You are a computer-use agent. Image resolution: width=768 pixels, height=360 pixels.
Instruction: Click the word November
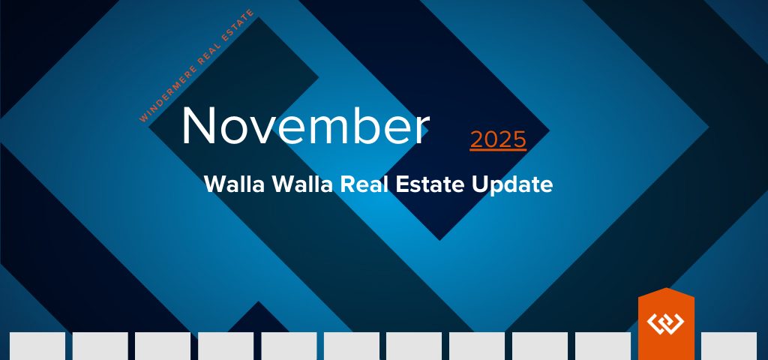tap(306, 126)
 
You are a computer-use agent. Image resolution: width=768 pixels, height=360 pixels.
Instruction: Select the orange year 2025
tap(498, 139)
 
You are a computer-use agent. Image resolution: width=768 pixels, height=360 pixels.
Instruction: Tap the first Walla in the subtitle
tap(235, 184)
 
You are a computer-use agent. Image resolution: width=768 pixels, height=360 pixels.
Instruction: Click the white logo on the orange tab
tap(666, 322)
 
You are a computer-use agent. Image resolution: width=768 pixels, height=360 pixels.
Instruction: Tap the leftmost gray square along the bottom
tap(37, 346)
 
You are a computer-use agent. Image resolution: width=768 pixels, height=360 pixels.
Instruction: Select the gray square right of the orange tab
tap(729, 346)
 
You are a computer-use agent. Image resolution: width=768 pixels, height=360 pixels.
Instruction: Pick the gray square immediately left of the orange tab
tap(603, 346)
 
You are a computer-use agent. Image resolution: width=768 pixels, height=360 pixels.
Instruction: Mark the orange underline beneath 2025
tap(498, 150)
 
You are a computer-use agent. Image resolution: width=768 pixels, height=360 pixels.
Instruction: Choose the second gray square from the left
tap(100, 346)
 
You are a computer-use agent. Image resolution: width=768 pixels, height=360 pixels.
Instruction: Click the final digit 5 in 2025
tap(519, 139)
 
